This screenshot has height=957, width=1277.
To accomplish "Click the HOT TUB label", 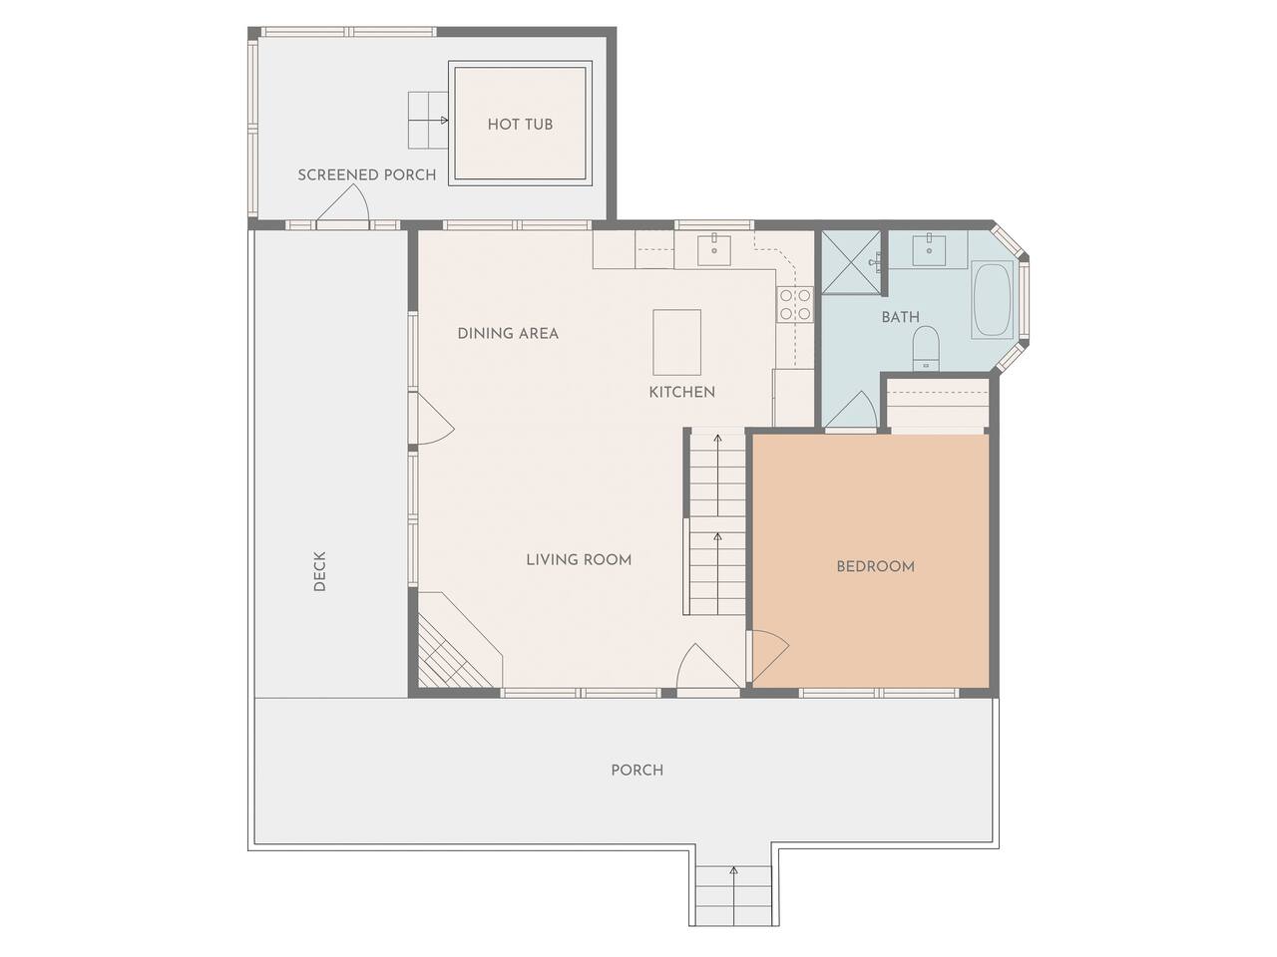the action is tap(520, 125).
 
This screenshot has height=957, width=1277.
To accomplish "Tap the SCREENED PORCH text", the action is tap(366, 174).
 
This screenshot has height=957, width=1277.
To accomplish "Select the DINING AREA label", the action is tap(508, 334).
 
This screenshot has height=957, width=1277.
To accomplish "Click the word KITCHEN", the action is tap(681, 392).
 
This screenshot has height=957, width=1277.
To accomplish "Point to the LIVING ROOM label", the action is tap(579, 560).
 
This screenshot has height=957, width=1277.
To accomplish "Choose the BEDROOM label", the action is tap(875, 566).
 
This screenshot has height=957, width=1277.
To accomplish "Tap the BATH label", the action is tap(900, 317).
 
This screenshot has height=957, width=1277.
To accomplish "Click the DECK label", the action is tap(319, 571).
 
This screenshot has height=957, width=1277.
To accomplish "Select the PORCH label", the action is tap(637, 771).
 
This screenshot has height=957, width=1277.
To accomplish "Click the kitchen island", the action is tap(676, 342).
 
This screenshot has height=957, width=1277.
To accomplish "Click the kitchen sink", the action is tap(714, 250).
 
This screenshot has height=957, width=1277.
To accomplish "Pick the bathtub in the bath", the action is tap(993, 300).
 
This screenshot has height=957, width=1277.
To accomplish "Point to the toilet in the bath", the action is tap(925, 348).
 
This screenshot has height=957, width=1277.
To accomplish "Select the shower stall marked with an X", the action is tap(851, 262).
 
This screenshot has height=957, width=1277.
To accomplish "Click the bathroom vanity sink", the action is tap(929, 250).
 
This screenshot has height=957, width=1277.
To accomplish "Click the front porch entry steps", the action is tap(733, 895).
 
